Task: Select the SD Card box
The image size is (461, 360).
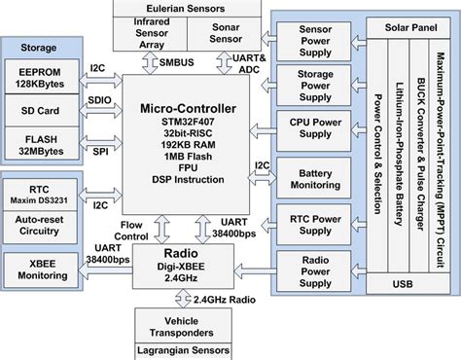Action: click(x=43, y=111)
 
